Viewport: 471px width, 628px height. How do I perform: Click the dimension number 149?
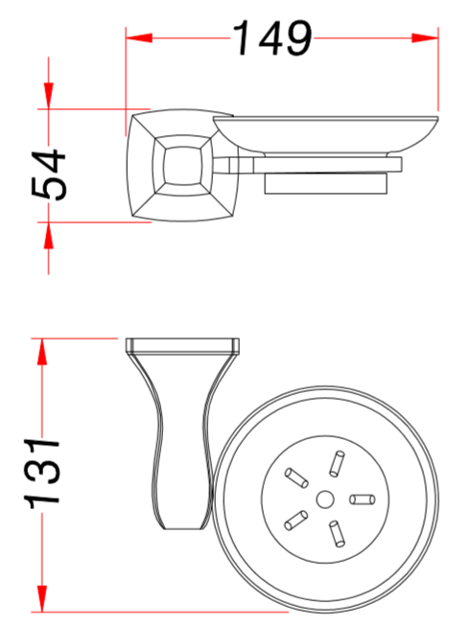tap(272, 38)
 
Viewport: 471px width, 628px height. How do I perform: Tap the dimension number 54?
tap(49, 174)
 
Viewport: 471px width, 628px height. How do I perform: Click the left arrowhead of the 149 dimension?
tap(139, 38)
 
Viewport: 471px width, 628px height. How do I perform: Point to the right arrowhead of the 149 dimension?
tap(425, 38)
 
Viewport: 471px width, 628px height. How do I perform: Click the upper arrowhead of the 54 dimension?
tap(49, 96)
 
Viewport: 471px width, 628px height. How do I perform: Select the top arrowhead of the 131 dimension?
tap(42, 352)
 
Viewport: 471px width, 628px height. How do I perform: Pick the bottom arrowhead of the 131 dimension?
tap(42, 598)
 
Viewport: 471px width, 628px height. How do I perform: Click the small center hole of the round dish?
tap(324, 500)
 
